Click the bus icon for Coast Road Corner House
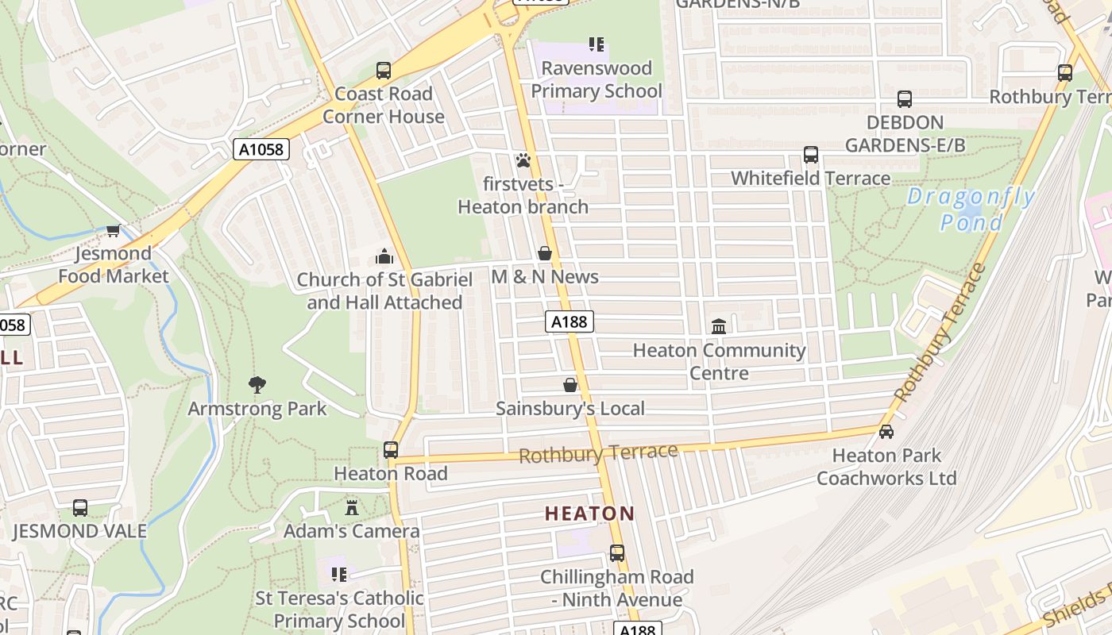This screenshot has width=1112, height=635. point(384,71)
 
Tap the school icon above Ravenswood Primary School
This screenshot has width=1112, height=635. point(596,44)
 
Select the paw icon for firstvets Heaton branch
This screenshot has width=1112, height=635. point(523,161)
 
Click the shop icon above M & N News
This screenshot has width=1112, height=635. point(545,253)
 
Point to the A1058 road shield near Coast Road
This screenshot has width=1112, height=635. point(261,149)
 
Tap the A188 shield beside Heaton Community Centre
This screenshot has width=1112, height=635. point(570,321)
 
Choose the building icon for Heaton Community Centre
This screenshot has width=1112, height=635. point(719,326)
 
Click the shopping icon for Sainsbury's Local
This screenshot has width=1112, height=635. point(570,385)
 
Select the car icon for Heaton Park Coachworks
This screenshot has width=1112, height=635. point(886,432)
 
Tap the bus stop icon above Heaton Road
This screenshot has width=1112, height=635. point(391,450)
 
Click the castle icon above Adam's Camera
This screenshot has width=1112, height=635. point(352,507)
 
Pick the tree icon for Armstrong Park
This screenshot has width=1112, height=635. point(257,385)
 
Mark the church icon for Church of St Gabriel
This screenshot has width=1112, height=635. point(384,256)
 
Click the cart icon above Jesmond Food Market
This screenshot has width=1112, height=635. point(114,230)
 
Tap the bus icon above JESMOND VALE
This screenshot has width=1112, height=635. point(80,508)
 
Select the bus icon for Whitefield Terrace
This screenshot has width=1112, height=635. point(811,155)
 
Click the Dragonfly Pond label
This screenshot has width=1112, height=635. point(971,210)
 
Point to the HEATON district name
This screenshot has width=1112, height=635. point(590,514)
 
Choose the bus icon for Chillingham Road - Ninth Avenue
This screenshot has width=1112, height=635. point(617,553)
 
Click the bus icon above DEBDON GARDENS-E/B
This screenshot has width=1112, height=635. point(905,99)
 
